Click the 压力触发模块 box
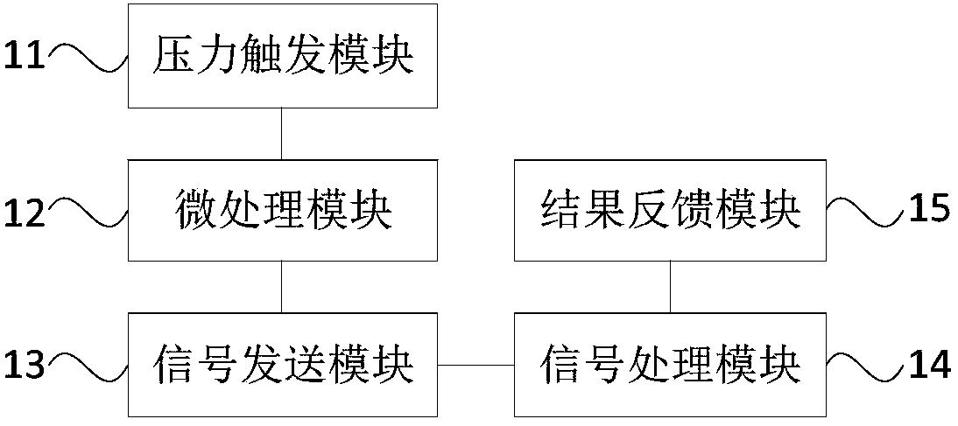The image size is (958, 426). pos(282,56)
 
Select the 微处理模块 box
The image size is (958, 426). pos(282,210)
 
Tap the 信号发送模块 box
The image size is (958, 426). pos(282,363)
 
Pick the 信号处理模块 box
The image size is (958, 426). pos(671,363)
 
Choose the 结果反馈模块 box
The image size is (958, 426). pos(671,210)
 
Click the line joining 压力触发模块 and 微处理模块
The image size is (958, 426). pos(281,133)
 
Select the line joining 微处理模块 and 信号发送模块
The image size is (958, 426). pos(281,286)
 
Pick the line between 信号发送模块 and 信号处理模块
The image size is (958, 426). pos(475,363)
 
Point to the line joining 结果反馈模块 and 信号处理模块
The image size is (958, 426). pos(671,286)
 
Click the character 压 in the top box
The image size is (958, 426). pos(173,57)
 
